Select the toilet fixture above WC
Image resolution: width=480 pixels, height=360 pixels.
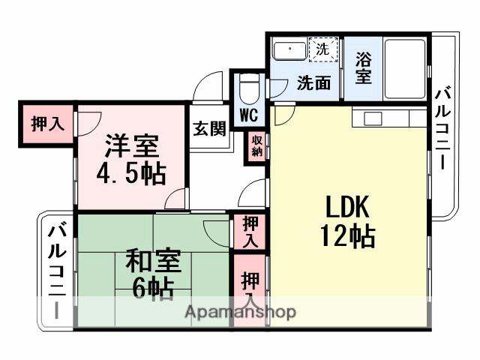249,91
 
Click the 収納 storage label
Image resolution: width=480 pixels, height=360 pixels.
256,145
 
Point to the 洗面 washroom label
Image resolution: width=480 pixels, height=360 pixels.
313,83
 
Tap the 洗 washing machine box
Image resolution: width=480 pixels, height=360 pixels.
322,50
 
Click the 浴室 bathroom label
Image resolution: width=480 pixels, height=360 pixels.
362,68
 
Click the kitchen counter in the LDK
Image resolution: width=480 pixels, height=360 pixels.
390,118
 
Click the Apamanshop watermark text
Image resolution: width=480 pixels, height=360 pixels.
240,312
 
